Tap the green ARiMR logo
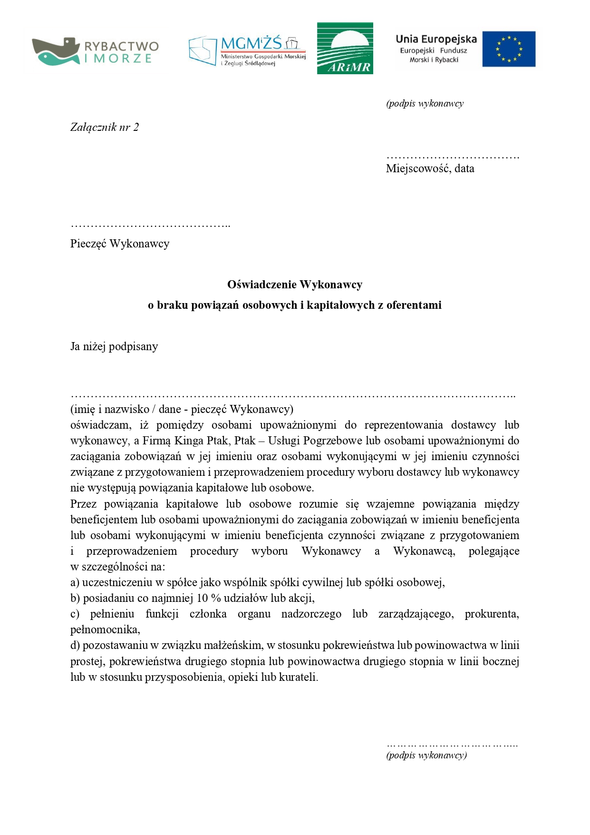(x=345, y=49)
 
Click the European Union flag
(x=509, y=49)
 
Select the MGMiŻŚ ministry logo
(x=247, y=50)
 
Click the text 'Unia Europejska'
(x=436, y=39)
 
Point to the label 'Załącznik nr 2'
(x=105, y=127)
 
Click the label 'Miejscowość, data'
(x=430, y=168)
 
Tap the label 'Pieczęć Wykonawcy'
(x=120, y=244)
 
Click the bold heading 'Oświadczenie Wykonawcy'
(x=295, y=285)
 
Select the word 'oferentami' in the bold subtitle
(x=414, y=305)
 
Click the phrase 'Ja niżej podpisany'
(x=114, y=346)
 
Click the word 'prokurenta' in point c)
(x=492, y=614)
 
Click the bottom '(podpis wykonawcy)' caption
(x=426, y=755)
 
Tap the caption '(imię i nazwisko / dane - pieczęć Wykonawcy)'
(x=182, y=409)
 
